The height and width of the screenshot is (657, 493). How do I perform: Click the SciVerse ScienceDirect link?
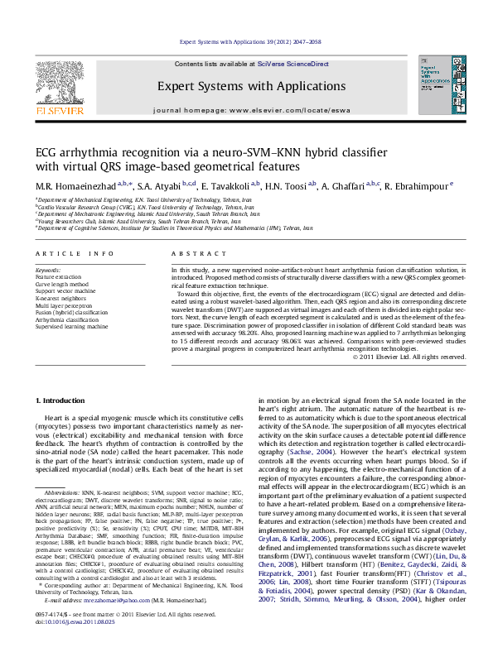click(x=292, y=64)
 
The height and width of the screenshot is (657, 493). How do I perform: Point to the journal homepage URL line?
click(x=246, y=110)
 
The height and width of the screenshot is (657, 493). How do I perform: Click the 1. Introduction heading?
click(x=63, y=400)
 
